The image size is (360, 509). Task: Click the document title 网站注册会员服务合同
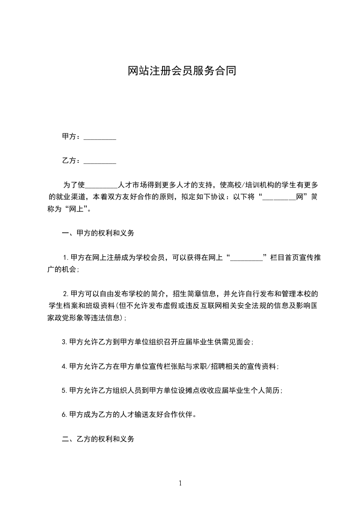pyautogui.click(x=180, y=71)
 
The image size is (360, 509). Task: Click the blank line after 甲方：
pyautogui.click(x=100, y=137)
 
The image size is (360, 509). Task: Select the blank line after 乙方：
pyautogui.click(x=100, y=161)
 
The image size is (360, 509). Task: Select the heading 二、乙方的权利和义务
pyautogui.click(x=98, y=439)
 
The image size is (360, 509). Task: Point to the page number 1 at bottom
pyautogui.click(x=180, y=483)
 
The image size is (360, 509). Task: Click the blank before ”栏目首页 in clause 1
pyautogui.click(x=247, y=257)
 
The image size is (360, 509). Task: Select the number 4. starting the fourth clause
pyautogui.click(x=64, y=366)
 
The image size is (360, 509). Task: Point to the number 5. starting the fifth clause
pyautogui.click(x=64, y=390)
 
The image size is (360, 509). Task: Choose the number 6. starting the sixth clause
pyautogui.click(x=64, y=414)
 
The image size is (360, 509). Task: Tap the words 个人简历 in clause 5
pyautogui.click(x=265, y=390)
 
